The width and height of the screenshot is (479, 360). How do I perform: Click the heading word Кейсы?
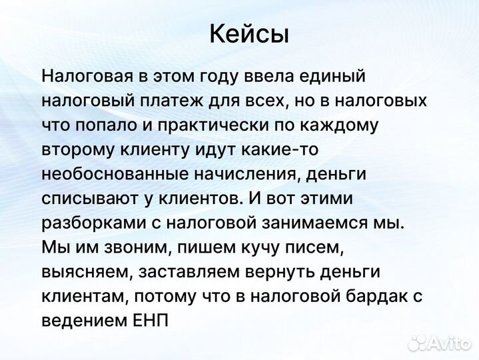click(x=249, y=34)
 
